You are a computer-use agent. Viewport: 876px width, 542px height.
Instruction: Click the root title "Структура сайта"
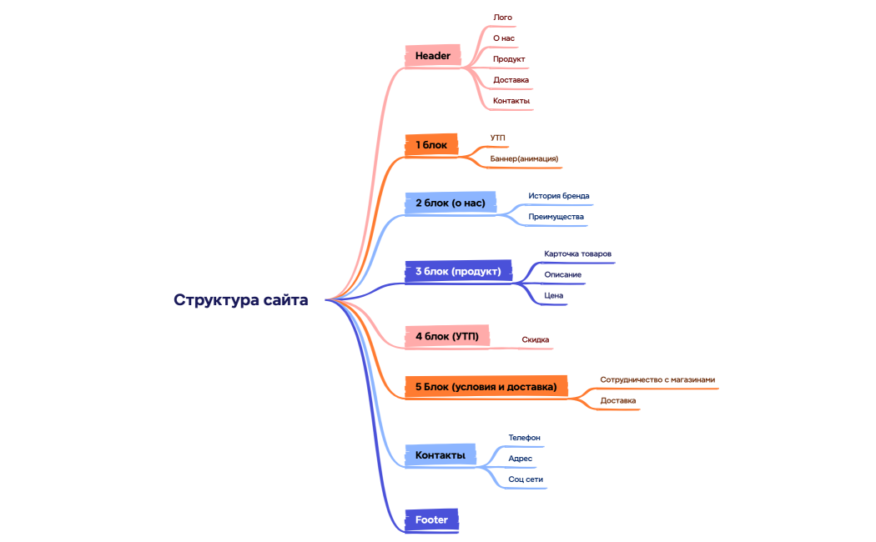240,300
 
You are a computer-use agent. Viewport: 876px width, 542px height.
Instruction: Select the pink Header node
433,56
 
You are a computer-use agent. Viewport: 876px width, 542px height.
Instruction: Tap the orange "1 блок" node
431,145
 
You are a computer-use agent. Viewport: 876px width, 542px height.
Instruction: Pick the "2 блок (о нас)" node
450,203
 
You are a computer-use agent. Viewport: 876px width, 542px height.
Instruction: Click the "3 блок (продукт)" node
458,271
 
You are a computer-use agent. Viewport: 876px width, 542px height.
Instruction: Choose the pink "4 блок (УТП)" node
446,336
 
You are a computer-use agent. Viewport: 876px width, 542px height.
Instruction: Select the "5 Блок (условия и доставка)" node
486,386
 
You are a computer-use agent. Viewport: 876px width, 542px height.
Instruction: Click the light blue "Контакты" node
440,454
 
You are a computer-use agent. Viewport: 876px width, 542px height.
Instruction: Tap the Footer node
431,519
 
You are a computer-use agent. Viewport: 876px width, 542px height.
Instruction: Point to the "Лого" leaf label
503,17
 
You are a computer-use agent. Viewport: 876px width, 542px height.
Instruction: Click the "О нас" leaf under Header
504,38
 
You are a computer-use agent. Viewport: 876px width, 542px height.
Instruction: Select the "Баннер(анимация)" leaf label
524,158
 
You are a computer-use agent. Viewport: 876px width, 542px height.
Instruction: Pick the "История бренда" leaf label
558,196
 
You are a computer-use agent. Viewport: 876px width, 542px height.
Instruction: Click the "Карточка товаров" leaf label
578,253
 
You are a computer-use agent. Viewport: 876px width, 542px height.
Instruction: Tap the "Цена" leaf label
554,295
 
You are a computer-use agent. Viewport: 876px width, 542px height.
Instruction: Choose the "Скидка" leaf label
535,339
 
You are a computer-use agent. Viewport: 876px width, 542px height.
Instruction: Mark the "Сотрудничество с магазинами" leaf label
657,379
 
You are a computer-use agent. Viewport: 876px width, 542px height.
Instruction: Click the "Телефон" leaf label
525,437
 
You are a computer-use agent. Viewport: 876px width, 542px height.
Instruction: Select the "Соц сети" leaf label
526,479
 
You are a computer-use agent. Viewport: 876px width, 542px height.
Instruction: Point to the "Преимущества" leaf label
556,217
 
